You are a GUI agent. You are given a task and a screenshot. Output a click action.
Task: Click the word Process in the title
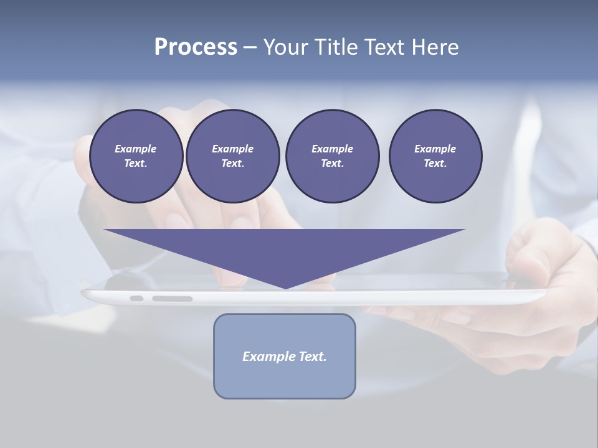196,47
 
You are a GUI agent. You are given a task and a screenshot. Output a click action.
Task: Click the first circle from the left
136,156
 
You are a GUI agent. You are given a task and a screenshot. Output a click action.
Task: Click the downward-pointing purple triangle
285,249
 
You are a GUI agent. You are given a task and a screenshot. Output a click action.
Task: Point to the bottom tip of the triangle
285,287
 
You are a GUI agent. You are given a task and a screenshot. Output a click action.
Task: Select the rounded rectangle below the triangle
285,380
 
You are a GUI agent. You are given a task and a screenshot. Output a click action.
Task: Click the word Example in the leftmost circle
136,149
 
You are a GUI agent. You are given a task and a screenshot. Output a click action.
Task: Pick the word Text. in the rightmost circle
435,163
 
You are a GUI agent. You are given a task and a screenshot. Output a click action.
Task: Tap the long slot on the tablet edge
173,299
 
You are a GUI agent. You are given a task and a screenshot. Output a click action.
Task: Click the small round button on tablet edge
136,299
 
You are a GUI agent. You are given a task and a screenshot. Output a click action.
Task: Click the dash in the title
249,47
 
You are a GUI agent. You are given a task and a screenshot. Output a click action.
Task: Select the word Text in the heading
382,47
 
